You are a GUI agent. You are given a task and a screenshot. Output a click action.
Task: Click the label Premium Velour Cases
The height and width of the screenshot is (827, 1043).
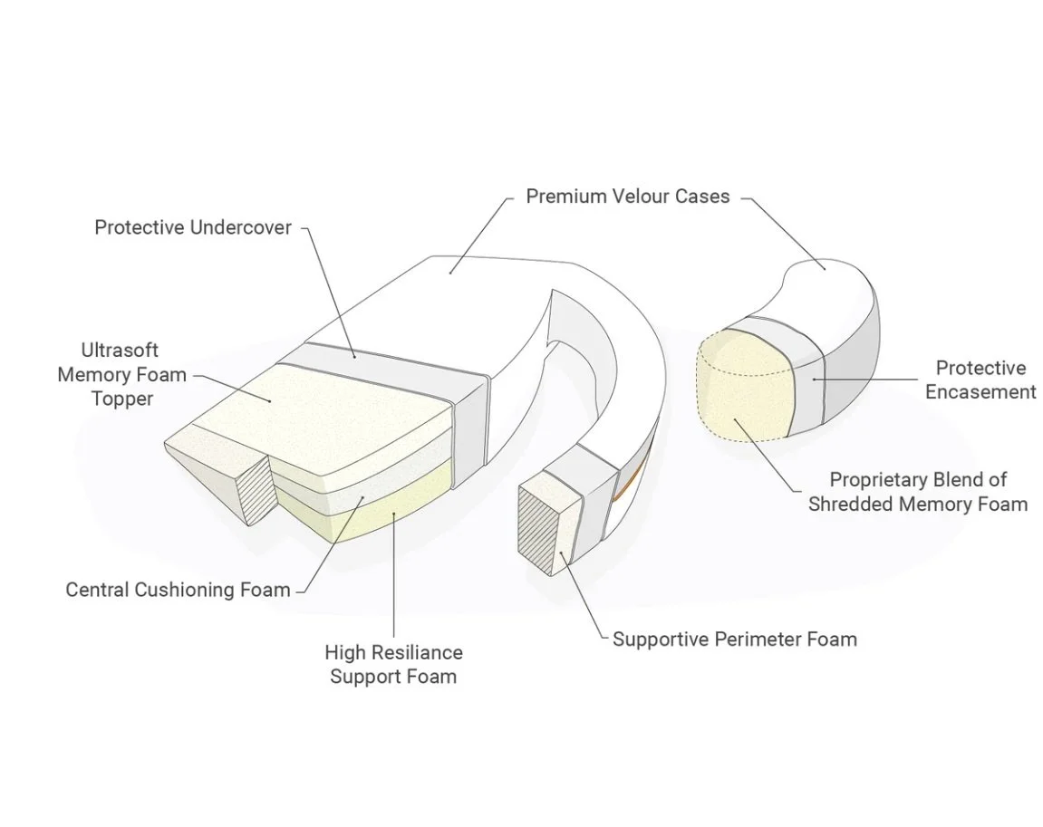coord(627,197)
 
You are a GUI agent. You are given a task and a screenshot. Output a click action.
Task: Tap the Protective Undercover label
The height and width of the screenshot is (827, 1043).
coord(193,227)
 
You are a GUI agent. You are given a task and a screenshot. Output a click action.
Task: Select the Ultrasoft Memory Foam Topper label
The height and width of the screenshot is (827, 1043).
coord(121,374)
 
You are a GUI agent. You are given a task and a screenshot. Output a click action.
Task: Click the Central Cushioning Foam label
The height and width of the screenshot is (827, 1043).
coord(178,590)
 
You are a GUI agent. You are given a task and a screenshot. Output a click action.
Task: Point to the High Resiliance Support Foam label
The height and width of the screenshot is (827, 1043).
coord(393,664)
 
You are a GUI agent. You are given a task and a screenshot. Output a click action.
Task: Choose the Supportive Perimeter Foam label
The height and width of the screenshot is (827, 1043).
coord(734,639)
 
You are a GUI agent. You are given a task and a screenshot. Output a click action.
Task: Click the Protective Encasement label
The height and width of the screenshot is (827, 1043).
coord(980,380)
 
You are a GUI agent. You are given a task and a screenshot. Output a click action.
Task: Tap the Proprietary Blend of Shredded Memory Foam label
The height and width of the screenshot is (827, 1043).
coord(918,492)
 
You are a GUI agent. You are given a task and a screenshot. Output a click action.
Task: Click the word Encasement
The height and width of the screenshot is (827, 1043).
coord(980,392)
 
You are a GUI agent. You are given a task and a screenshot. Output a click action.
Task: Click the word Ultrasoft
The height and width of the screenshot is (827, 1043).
coord(120,351)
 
